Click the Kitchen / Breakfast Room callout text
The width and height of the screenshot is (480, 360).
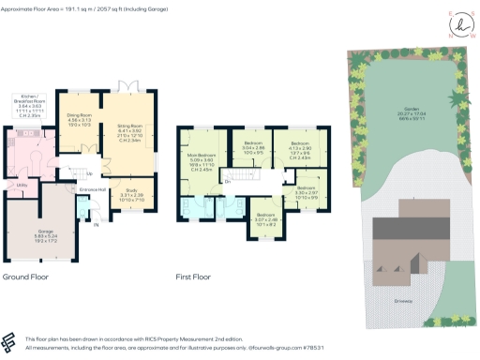pyautogui.click(x=30, y=106)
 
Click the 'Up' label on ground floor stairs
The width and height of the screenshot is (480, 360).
pyautogui.click(x=88, y=173)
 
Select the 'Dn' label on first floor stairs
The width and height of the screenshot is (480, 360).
pyautogui.click(x=227, y=181)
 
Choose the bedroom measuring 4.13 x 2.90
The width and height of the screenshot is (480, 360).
pyautogui.click(x=299, y=148)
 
